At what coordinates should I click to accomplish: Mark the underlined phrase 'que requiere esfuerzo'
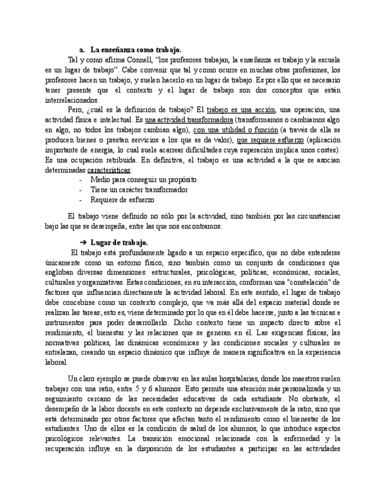pos(270,139)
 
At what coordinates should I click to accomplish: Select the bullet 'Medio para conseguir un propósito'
pos(143,179)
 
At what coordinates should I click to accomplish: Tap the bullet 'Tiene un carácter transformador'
pos(139,189)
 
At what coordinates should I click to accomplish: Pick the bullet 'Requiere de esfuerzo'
pos(123,199)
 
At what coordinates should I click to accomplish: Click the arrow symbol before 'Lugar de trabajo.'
pos(83,242)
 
